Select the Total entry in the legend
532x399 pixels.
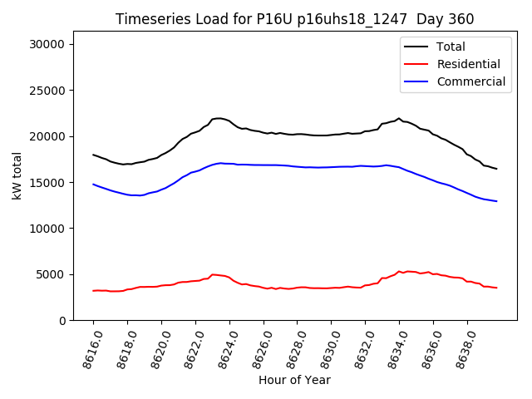(x=451, y=47)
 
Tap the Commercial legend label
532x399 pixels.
(x=470, y=81)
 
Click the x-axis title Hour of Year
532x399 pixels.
(x=294, y=380)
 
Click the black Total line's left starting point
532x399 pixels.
(x=93, y=155)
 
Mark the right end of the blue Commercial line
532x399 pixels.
(x=496, y=201)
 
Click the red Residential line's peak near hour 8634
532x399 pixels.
(x=399, y=271)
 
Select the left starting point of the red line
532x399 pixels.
(x=93, y=291)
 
